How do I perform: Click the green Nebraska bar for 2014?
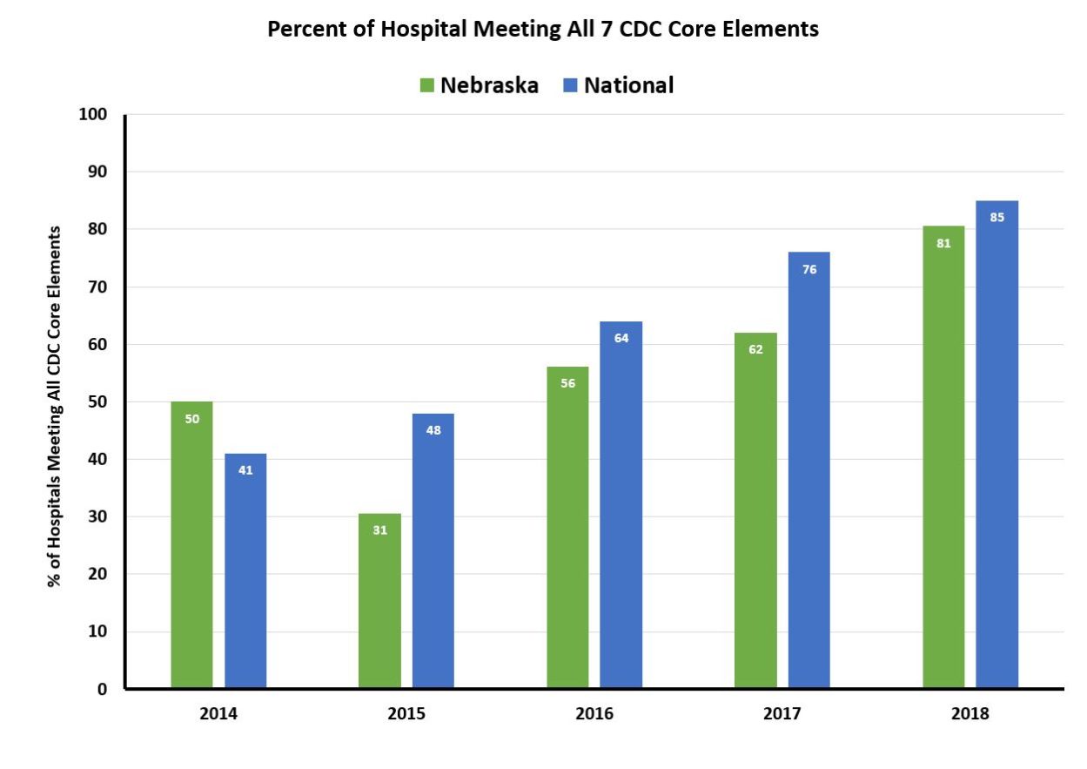(x=191, y=544)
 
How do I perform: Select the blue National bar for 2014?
(x=245, y=570)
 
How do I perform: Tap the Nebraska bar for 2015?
(x=379, y=601)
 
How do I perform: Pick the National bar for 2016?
(x=621, y=505)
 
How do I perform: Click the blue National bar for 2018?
(x=996, y=444)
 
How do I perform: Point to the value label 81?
(x=943, y=244)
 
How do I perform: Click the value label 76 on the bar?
(x=809, y=269)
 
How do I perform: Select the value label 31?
(x=379, y=530)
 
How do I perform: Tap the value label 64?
(x=621, y=338)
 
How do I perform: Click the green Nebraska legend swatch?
(x=427, y=85)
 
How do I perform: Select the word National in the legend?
(x=628, y=85)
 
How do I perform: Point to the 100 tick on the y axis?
(x=95, y=115)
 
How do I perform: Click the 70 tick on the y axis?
(x=97, y=287)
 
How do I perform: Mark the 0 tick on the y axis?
(x=102, y=689)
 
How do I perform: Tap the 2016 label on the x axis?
(x=594, y=713)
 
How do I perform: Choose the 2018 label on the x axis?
(x=970, y=713)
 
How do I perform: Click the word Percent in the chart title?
(x=304, y=29)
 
